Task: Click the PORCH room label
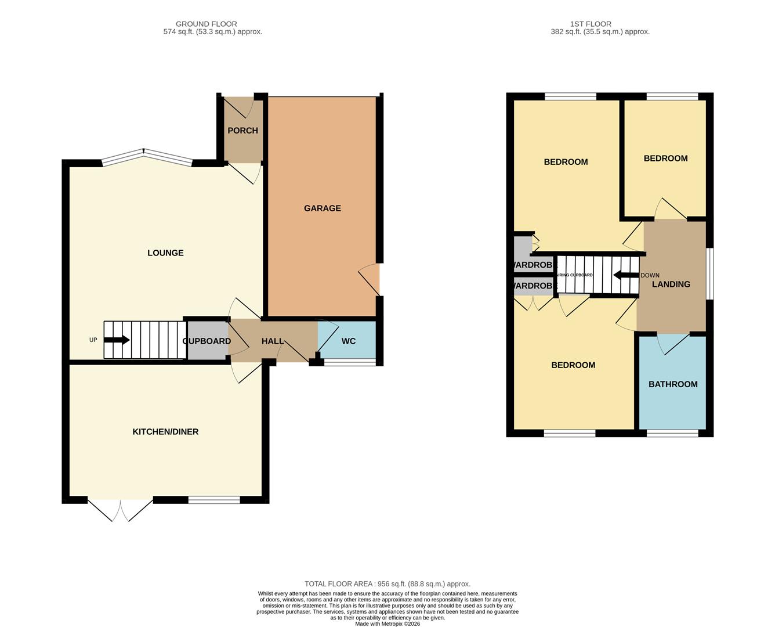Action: click(x=242, y=131)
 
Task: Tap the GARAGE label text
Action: click(x=322, y=208)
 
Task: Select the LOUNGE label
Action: click(x=165, y=253)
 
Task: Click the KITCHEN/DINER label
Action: click(x=165, y=432)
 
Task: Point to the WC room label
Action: click(x=348, y=341)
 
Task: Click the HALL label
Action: click(x=272, y=341)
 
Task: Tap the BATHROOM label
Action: click(x=672, y=384)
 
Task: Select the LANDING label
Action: click(x=671, y=284)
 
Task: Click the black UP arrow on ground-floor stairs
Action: click(x=117, y=340)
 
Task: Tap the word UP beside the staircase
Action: click(x=93, y=340)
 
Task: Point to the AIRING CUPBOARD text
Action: click(x=575, y=275)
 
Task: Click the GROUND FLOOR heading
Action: click(x=206, y=24)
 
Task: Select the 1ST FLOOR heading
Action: click(x=590, y=24)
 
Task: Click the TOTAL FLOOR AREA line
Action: click(x=387, y=584)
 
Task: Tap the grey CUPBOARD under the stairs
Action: click(x=207, y=341)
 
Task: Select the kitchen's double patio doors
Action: click(x=121, y=509)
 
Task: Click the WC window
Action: click(x=349, y=363)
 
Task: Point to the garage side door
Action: click(x=371, y=280)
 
